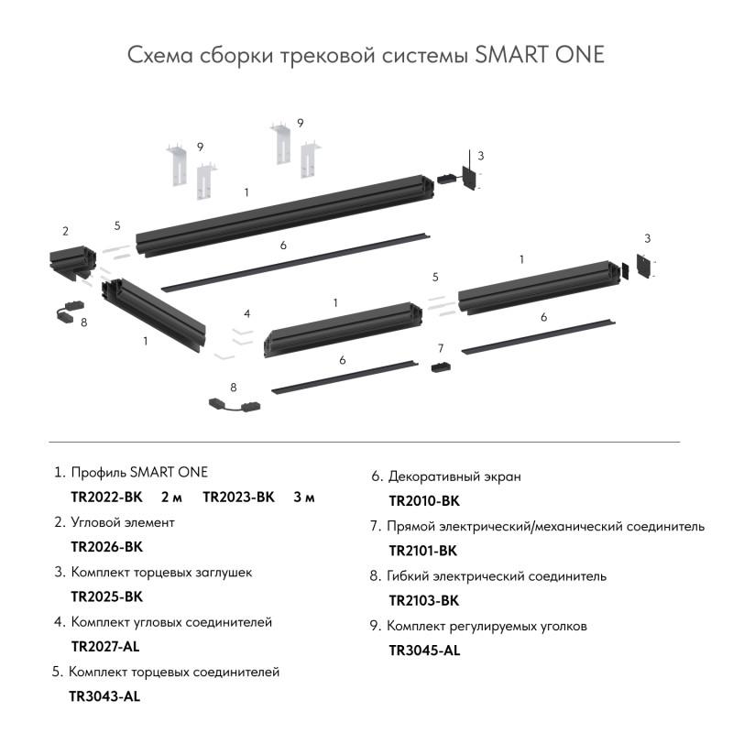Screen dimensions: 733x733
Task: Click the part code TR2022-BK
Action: [106, 498]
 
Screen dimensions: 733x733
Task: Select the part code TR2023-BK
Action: [238, 498]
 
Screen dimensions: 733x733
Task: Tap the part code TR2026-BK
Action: [106, 547]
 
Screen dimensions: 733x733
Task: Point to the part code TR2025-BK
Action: [106, 596]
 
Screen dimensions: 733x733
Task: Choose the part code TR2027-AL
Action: [105, 646]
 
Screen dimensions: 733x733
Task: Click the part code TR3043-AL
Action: [104, 695]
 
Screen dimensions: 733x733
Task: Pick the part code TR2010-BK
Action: [423, 501]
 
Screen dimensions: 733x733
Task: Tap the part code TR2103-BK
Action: [423, 600]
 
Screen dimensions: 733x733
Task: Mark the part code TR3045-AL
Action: [424, 651]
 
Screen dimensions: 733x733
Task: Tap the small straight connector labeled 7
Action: [441, 367]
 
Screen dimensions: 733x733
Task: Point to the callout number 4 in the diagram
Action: [246, 313]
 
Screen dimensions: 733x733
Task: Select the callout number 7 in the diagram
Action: [441, 348]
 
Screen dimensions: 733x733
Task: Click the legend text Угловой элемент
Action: [122, 522]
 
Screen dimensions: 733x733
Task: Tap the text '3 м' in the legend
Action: [304, 498]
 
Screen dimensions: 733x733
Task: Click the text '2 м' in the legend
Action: [171, 498]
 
